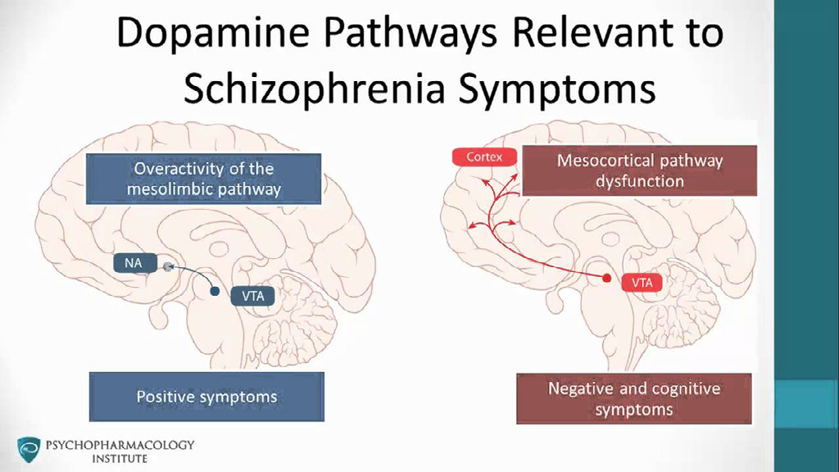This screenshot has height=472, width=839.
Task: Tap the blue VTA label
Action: pyautogui.click(x=252, y=295)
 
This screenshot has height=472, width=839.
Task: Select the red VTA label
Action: pyautogui.click(x=642, y=283)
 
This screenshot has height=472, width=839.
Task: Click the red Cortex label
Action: pyautogui.click(x=484, y=157)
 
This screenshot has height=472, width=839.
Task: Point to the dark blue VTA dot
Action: pyautogui.click(x=215, y=290)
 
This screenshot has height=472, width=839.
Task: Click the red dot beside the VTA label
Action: pyautogui.click(x=607, y=279)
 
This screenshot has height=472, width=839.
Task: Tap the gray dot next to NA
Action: pyautogui.click(x=168, y=266)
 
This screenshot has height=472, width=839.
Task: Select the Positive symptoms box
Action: pyautogui.click(x=206, y=397)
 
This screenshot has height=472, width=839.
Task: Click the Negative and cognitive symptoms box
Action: pyautogui.click(x=633, y=398)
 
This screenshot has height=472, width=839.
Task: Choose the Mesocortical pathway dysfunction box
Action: pyautogui.click(x=639, y=170)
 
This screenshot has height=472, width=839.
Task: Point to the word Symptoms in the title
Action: pyautogui.click(x=556, y=89)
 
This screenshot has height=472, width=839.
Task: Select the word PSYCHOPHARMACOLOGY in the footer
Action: pyautogui.click(x=120, y=445)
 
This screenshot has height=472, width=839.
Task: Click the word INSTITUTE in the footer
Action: pyautogui.click(x=120, y=459)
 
